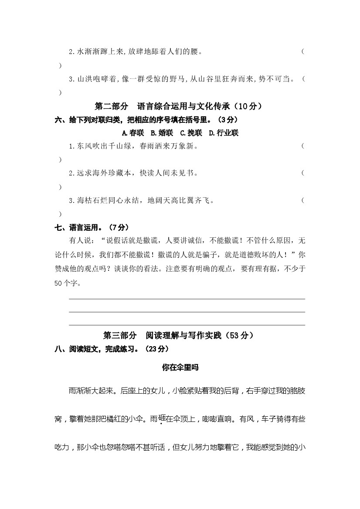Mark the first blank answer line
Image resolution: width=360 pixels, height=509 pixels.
(187, 299)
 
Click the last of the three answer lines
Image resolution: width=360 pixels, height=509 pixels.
(187, 325)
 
